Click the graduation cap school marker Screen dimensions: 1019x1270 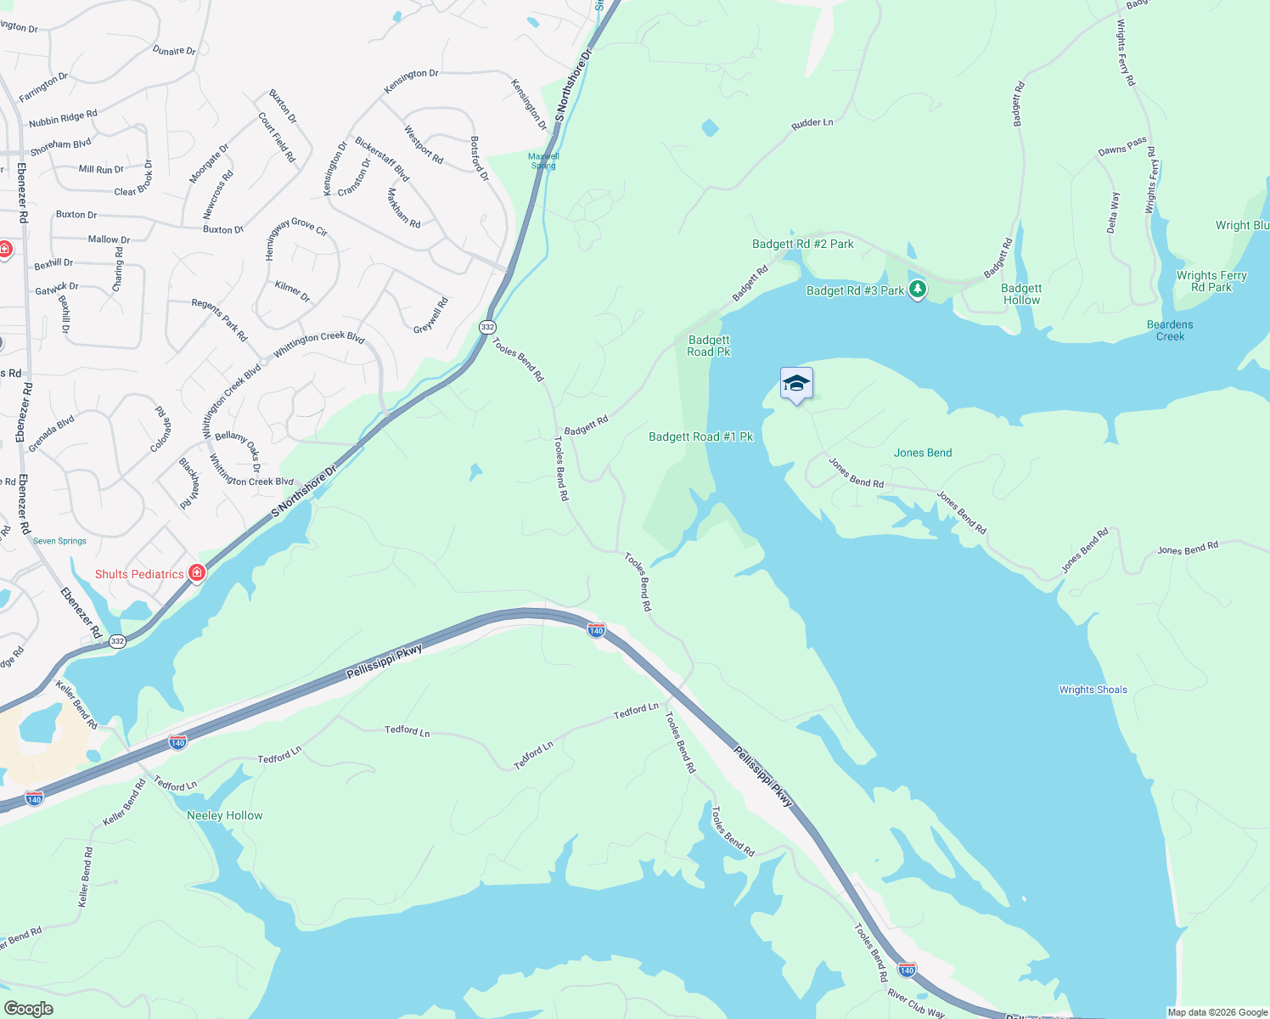click(x=796, y=384)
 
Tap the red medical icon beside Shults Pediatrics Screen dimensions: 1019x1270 click(x=197, y=573)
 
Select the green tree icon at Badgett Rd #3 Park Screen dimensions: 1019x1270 click(x=917, y=290)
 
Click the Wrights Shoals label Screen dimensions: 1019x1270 click(x=1093, y=690)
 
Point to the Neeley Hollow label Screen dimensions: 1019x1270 click(x=225, y=815)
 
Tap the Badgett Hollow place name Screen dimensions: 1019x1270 click(x=1021, y=294)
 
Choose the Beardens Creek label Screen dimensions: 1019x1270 click(x=1170, y=330)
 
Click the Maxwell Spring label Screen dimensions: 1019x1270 click(x=544, y=160)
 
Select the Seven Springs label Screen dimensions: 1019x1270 click(x=59, y=541)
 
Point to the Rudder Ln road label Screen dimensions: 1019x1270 click(x=812, y=123)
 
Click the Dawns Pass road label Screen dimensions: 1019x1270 click(x=1122, y=146)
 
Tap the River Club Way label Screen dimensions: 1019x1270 click(x=916, y=1002)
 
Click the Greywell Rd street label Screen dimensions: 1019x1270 click(x=430, y=316)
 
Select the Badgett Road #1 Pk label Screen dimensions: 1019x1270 click(x=700, y=436)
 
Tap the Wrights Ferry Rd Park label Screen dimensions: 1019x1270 click(x=1211, y=281)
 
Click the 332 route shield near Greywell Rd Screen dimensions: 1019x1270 click(x=487, y=327)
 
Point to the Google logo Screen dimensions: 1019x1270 click(x=28, y=1009)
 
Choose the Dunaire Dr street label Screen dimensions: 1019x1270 click(x=174, y=51)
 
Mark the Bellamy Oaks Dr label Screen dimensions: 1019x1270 click(x=239, y=448)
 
